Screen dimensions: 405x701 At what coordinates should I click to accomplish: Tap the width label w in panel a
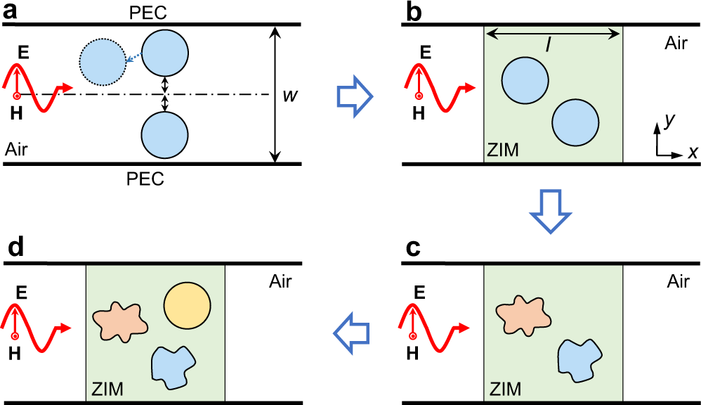point(288,95)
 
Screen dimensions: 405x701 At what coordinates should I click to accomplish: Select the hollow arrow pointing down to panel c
point(549,210)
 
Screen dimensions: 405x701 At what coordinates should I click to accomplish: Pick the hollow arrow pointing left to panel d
point(353,328)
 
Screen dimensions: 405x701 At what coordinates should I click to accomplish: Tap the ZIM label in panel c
point(505,387)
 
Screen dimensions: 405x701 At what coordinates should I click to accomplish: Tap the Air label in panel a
point(18,149)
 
